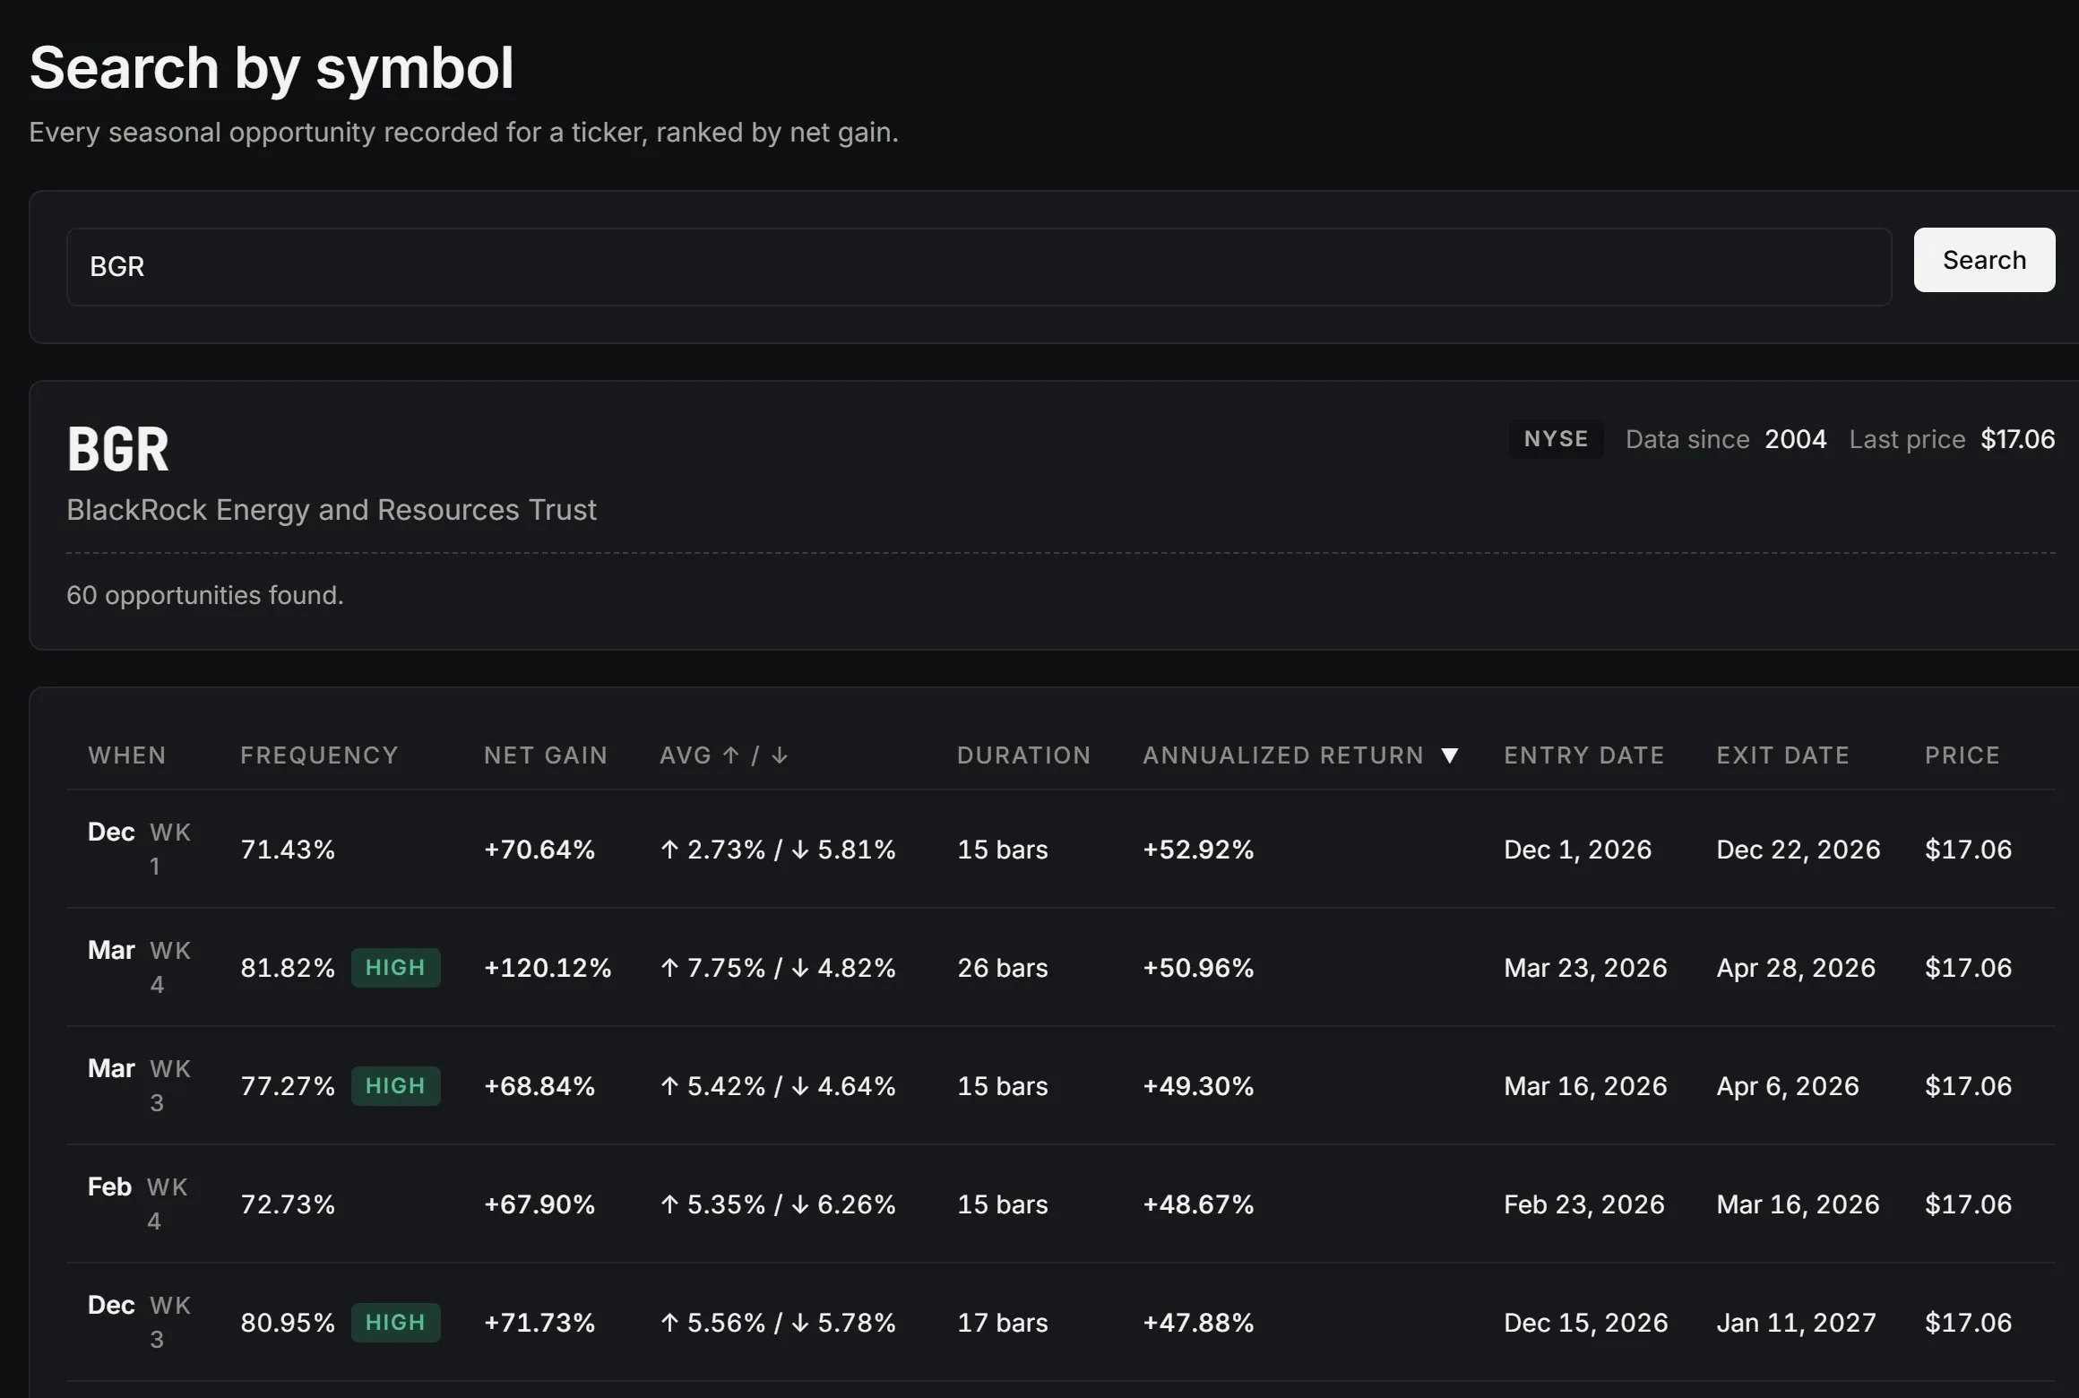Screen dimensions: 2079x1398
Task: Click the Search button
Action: tap(1984, 260)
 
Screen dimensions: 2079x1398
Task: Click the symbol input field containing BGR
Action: tap(979, 267)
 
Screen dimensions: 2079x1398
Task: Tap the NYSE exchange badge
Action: tap(1556, 439)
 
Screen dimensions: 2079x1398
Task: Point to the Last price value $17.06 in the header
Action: tap(2017, 439)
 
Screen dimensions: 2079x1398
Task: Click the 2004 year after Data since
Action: tap(1795, 439)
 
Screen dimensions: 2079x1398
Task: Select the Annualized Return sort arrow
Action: tap(1450, 755)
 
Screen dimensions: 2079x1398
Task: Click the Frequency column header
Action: tap(319, 755)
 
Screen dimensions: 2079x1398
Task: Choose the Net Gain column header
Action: tap(546, 755)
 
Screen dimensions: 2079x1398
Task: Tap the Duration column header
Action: tap(1023, 755)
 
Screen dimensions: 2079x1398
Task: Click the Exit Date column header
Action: tap(1782, 755)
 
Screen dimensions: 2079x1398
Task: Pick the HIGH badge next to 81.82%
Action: tap(395, 968)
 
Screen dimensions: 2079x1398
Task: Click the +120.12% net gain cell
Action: tap(548, 968)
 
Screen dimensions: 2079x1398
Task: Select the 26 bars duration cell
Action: tap(1002, 968)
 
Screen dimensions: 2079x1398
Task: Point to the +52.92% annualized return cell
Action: tap(1198, 850)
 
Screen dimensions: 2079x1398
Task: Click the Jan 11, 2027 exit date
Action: tap(1796, 1323)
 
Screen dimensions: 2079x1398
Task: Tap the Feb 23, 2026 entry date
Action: tap(1583, 1204)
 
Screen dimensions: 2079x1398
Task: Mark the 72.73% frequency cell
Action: tap(288, 1204)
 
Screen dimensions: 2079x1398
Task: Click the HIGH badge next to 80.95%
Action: tap(395, 1323)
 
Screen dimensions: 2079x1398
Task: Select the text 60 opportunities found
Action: tap(205, 595)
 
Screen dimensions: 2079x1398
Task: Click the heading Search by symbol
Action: tap(272, 68)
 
